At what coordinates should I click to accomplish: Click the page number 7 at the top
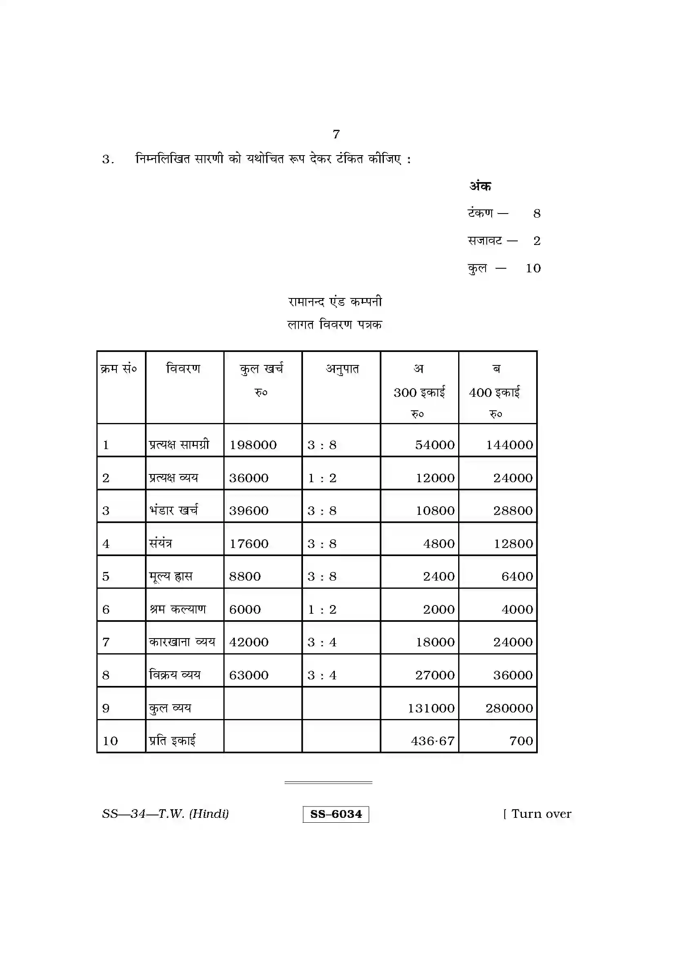coord(336,134)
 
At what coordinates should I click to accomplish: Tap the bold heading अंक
coord(480,186)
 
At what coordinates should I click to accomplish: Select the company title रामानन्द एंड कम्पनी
coord(335,302)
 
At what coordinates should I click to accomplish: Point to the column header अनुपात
coord(342,369)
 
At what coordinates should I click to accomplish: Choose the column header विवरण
coord(183,369)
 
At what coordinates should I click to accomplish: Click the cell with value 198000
coord(253,445)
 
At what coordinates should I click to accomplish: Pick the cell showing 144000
coord(510,445)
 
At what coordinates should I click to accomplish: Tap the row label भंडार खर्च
coord(174,510)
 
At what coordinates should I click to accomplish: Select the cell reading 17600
coord(249,543)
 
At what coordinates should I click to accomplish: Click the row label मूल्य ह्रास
coord(171,577)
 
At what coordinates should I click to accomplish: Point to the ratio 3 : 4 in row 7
coord(322,642)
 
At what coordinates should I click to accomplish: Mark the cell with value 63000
coord(249,675)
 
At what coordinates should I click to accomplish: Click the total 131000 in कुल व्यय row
coord(431,708)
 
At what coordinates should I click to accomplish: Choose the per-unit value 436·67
coord(432,741)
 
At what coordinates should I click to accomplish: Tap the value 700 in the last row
coord(521,741)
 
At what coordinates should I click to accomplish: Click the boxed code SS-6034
coord(336,814)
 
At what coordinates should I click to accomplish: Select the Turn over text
coord(541,814)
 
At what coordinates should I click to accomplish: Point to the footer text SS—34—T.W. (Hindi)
coord(165,814)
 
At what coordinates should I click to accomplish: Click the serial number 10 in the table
coord(110,741)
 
